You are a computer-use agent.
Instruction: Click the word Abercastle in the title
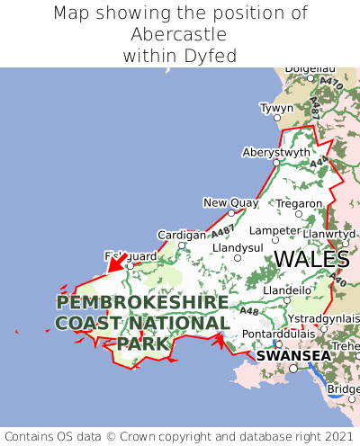179,34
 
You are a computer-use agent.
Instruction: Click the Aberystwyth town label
275,152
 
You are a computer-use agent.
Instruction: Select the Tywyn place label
276,108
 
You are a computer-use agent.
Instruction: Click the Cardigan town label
181,235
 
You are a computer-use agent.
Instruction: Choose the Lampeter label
274,230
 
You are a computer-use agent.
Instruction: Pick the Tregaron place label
299,203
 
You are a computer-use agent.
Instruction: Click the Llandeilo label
286,290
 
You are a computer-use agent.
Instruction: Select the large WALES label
310,259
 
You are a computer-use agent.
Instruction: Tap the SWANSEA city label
293,355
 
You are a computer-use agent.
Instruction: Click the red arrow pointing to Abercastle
114,264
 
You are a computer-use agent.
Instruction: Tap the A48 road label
249,312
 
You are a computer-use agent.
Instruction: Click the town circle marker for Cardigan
182,245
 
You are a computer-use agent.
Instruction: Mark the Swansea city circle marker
292,368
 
